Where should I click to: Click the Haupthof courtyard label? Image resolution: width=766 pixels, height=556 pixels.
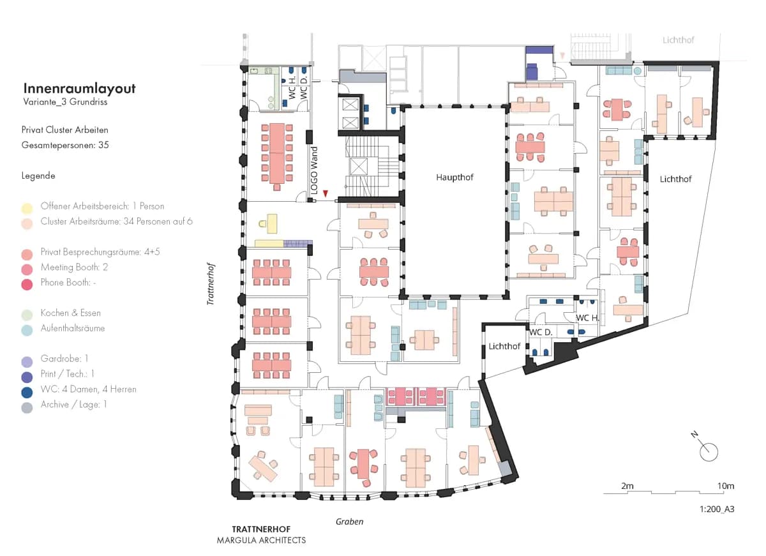454,177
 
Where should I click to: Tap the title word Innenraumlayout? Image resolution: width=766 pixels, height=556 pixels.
79,88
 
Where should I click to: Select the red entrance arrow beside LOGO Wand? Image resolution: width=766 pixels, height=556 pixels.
325,193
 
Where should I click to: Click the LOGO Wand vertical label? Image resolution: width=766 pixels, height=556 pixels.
314,170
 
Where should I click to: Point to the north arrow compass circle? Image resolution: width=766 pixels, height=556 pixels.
709,452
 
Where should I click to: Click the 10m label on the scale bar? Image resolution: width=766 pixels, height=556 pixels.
726,486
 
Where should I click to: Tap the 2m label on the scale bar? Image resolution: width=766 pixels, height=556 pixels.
627,486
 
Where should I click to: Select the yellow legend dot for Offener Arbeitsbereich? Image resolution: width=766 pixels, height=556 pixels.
27,208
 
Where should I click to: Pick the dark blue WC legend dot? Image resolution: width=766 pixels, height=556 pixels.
27,393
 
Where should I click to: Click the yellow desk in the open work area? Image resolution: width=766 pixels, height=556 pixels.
272,223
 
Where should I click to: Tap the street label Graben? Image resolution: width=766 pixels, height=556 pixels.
349,522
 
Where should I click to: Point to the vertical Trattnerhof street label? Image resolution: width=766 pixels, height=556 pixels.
211,283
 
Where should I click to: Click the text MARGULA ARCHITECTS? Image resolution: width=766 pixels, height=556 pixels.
261,540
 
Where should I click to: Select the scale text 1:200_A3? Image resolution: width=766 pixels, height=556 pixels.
717,509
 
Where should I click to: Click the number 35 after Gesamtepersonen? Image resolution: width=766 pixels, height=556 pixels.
103,145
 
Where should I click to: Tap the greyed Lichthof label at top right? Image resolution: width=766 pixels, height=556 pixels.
678,40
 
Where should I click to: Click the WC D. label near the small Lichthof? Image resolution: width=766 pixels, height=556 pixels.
541,332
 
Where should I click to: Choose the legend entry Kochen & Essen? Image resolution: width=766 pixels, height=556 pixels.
70,313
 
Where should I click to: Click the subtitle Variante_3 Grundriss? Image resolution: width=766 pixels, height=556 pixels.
65,101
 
